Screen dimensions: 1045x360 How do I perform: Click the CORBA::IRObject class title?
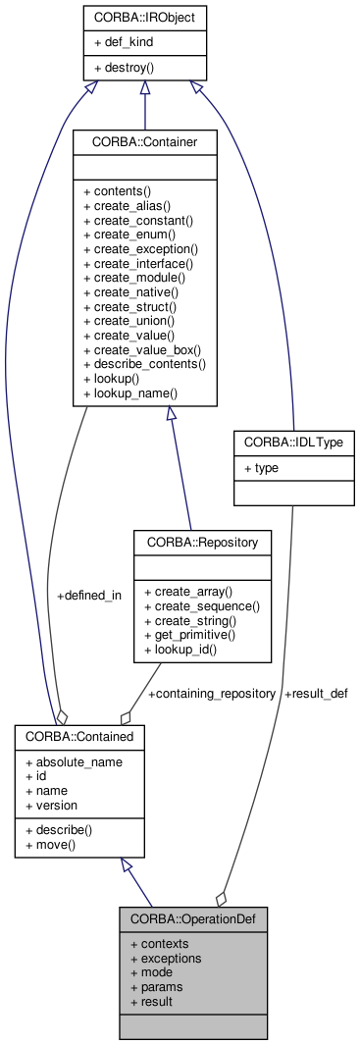point(144,17)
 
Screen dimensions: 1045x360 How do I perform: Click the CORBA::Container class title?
point(144,143)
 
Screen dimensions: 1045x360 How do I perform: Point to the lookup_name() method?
point(135,392)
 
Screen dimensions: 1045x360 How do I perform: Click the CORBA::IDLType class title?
point(294,443)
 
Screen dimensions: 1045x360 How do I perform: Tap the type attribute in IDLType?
point(261,469)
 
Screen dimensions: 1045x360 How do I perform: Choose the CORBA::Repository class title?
point(202,541)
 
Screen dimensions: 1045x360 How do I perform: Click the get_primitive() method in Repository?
point(194,635)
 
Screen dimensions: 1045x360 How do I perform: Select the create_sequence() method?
point(201,606)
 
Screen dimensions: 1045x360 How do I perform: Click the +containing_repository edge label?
point(212,694)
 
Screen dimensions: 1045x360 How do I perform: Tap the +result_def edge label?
point(315,694)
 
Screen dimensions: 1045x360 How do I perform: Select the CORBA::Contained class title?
point(80,735)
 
